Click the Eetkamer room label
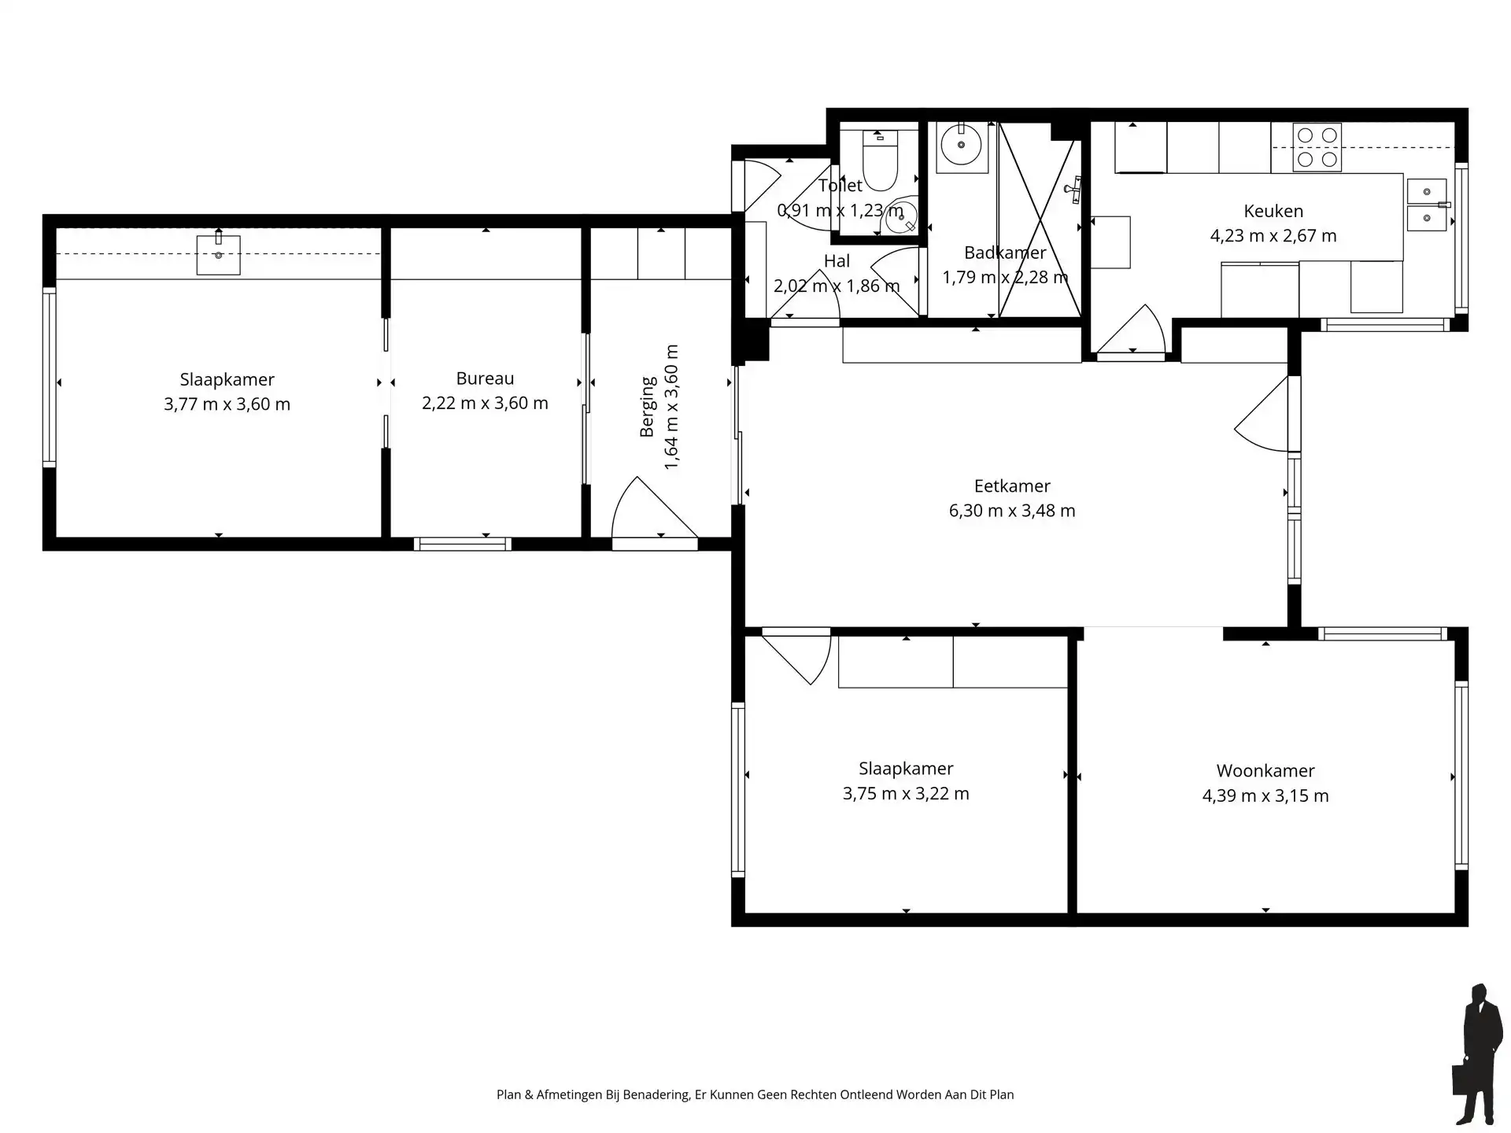[x=1012, y=486]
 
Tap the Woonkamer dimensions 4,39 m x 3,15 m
[x=1265, y=796]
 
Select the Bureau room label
[x=485, y=378]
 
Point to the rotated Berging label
[x=648, y=407]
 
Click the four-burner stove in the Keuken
[x=1317, y=147]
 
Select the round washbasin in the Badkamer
[x=960, y=144]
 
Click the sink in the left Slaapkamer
[x=218, y=254]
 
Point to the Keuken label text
[x=1273, y=211]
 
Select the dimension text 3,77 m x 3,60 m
[x=227, y=404]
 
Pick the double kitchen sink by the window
[x=1427, y=205]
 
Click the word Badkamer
[x=1005, y=253]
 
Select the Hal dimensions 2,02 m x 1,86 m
[x=836, y=286]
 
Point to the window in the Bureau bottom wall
[x=463, y=544]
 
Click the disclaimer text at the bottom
[x=755, y=1094]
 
